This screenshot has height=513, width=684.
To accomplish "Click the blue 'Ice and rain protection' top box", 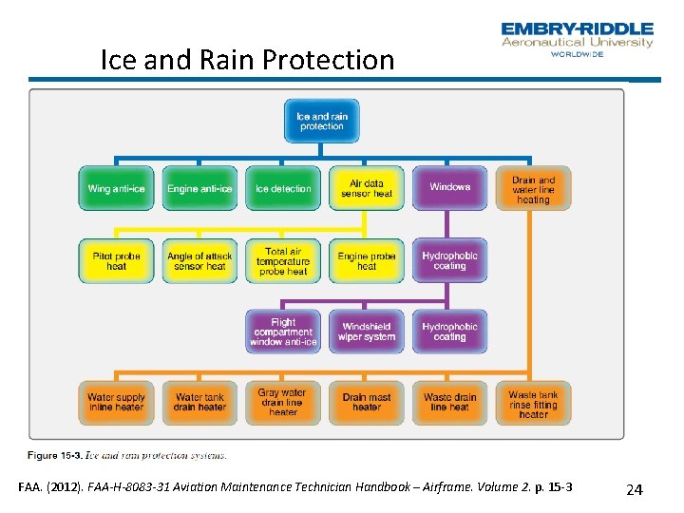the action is point(321,122).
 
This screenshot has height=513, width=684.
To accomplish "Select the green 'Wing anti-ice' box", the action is point(116,188).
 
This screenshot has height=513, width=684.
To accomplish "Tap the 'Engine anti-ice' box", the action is point(199,188).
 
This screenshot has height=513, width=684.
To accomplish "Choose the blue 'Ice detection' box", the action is point(283,188).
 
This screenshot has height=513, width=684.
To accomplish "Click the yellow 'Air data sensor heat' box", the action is point(367,188).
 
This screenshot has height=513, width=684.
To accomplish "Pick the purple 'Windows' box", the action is point(449,188).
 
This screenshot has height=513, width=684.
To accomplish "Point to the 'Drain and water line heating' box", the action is point(533,188).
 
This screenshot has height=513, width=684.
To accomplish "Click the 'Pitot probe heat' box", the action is point(116,260).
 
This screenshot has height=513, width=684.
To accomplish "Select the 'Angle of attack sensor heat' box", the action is point(199,260).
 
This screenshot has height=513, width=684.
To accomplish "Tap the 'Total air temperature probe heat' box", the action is point(283,260).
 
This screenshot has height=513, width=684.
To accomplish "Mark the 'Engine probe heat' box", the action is point(367,260).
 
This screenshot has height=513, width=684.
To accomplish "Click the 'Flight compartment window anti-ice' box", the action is point(283,332).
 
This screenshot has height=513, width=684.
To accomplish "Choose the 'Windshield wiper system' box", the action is point(367,332).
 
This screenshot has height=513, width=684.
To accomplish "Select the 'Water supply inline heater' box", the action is point(116,403).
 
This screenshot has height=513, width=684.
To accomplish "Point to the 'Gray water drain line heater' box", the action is point(283,403).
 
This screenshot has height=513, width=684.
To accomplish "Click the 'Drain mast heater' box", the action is point(367,403).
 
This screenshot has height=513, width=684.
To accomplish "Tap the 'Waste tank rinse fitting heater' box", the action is point(533,403).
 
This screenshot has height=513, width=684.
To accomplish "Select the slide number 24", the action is point(634,489).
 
